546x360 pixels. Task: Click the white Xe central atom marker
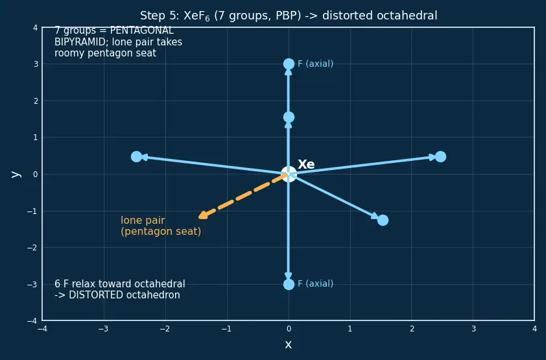pyautogui.click(x=289, y=174)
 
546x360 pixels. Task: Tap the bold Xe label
pyautogui.click(x=306, y=164)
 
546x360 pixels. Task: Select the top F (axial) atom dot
pyautogui.click(x=289, y=64)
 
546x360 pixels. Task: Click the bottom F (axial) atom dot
pyautogui.click(x=289, y=284)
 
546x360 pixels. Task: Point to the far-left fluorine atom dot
pyautogui.click(x=136, y=157)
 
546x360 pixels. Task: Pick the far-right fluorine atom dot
pyautogui.click(x=440, y=157)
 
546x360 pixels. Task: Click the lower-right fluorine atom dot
pyautogui.click(x=383, y=220)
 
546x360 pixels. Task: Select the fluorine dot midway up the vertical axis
pyautogui.click(x=289, y=117)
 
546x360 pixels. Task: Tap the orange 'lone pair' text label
pyautogui.click(x=143, y=221)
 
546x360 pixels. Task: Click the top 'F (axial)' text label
pyautogui.click(x=316, y=64)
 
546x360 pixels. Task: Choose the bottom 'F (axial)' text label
pyautogui.click(x=316, y=283)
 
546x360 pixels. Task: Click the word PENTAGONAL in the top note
pyautogui.click(x=142, y=30)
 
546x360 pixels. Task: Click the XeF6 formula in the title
pyautogui.click(x=196, y=16)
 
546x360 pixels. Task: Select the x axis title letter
pyautogui.click(x=289, y=344)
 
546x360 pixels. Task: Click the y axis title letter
pyautogui.click(x=16, y=174)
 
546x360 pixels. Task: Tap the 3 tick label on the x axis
pyautogui.click(x=473, y=329)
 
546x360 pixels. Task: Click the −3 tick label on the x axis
pyautogui.click(x=103, y=329)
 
